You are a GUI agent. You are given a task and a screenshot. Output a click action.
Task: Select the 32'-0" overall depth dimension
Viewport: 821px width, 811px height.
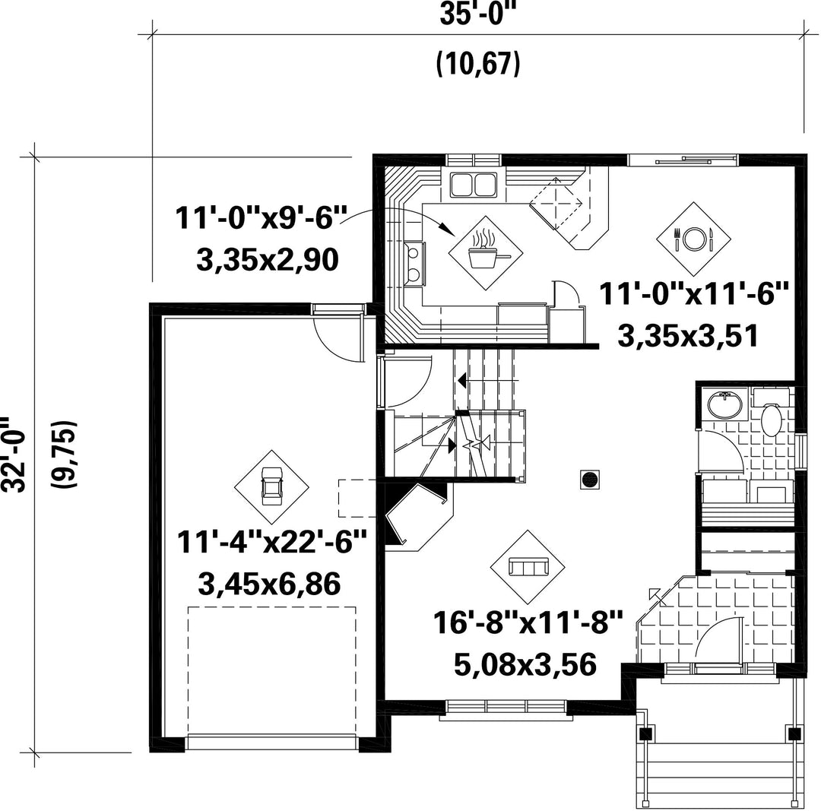[13, 455]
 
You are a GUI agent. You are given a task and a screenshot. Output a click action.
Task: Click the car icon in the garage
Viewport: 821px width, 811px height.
[271, 487]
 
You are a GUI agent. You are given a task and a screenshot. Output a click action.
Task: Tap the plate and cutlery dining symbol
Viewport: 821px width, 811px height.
[694, 239]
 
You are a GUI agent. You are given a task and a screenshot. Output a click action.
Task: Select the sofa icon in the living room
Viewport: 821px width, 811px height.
[528, 567]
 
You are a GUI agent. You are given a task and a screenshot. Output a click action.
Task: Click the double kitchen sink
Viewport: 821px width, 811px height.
[474, 184]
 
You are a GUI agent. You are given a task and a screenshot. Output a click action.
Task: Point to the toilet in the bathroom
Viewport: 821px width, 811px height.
[772, 417]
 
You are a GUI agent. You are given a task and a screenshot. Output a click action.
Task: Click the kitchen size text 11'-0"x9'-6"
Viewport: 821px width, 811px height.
[261, 217]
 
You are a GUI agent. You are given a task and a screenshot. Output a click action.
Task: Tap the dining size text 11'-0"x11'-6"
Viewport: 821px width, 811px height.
[693, 293]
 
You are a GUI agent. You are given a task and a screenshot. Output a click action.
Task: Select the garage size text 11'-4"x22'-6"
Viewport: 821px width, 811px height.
[271, 542]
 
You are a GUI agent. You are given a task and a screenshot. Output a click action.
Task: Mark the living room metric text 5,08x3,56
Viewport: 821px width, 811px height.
[525, 664]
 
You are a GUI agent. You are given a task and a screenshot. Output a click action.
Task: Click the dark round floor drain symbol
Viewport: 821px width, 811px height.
[590, 480]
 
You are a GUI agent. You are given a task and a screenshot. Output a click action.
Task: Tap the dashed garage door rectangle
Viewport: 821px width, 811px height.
[271, 671]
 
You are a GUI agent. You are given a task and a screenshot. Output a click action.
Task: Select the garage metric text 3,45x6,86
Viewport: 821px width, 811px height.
[270, 584]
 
